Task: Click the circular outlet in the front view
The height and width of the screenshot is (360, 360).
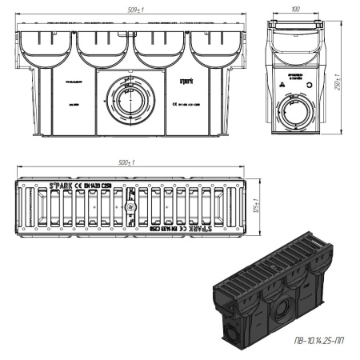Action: (128, 99)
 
